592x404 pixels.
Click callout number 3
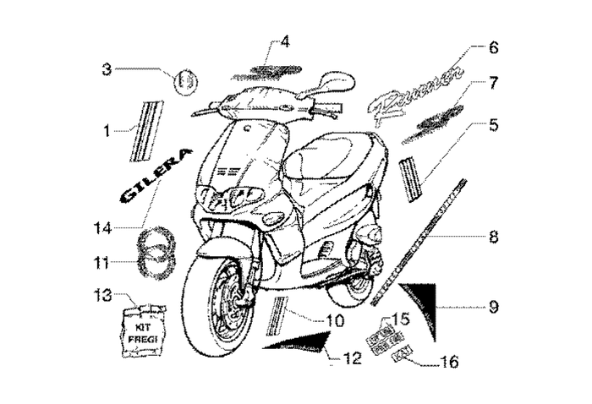pos(107,70)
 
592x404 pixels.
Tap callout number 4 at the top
pos(285,41)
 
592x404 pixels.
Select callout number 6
pos(494,47)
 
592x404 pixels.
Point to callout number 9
pos(493,306)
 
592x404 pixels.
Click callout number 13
pos(102,295)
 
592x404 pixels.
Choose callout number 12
pos(353,358)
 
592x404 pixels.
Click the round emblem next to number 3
pos(185,82)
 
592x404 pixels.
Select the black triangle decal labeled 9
pos(420,304)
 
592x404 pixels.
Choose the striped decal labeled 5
pos(412,178)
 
